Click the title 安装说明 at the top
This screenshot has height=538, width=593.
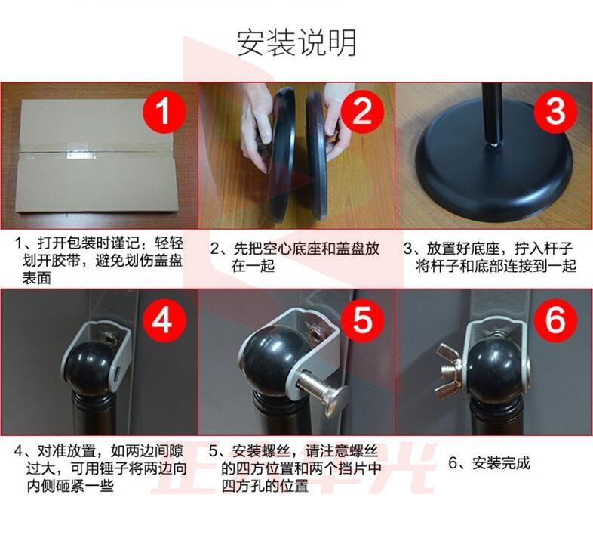coord(296,42)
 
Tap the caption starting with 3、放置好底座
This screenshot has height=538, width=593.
coord(490,257)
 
